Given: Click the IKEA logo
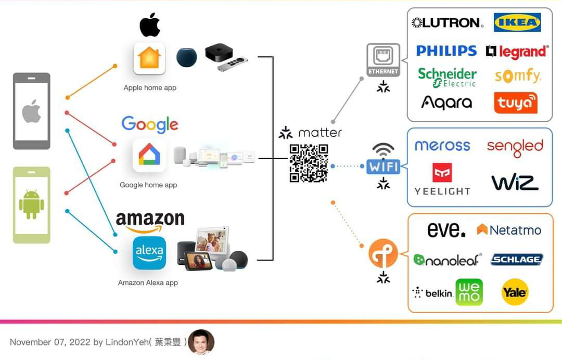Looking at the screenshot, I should (517, 22).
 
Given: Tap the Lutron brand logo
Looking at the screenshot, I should (448, 22).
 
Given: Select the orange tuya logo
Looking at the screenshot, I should (516, 102).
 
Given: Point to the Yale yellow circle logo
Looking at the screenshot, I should (515, 292).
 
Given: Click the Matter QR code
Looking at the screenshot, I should (309, 163).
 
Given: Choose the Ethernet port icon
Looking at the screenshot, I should (384, 58).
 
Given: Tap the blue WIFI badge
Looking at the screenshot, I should (384, 166).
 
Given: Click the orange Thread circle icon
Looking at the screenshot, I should (383, 254).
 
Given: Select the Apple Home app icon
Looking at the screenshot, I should (149, 58).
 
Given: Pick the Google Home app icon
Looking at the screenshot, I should (149, 155).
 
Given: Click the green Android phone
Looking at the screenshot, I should (32, 205).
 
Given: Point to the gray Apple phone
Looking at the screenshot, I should (32, 111).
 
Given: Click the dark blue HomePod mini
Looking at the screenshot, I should (187, 57).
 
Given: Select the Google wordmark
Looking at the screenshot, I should (150, 124).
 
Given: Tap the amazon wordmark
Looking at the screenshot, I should (150, 221).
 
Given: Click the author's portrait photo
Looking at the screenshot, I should (201, 342).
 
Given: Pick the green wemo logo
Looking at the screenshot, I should (469, 292).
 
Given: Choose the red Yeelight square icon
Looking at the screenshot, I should (442, 173).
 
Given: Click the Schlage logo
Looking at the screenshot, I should (517, 259).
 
